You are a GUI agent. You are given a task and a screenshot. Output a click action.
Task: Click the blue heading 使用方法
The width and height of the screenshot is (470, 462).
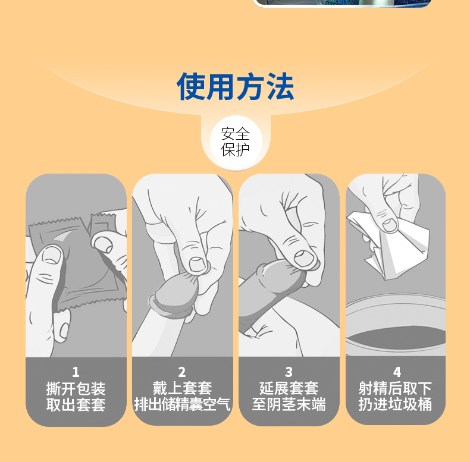tap(236, 86)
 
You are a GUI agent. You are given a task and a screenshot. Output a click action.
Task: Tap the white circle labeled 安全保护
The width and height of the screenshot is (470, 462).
tap(236, 142)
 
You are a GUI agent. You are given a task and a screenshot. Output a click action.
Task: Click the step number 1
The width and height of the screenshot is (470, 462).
tap(76, 372)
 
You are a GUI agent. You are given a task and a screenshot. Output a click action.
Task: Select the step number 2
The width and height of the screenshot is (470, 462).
tap(182, 372)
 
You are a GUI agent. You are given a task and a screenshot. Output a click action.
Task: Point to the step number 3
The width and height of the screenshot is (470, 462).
tap(289, 372)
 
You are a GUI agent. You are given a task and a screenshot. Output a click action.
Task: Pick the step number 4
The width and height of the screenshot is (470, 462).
tap(397, 372)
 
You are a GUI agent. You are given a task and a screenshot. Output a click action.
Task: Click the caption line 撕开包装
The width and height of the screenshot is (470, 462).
tap(76, 389)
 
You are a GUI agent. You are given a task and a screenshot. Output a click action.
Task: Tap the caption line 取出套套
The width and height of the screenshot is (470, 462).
tap(76, 404)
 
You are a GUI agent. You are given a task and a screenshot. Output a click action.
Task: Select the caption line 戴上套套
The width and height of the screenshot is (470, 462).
tap(182, 388)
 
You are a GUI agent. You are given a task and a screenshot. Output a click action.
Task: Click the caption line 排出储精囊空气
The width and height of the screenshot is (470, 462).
tap(182, 404)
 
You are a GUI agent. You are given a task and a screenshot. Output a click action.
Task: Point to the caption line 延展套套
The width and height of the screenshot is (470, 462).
tap(289, 388)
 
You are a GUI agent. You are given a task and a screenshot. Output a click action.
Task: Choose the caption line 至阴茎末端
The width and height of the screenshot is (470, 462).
tap(289, 404)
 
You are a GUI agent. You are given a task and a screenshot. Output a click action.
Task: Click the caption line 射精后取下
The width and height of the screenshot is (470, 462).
tap(395, 388)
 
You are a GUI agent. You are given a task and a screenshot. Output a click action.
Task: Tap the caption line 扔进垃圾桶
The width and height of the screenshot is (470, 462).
tap(395, 404)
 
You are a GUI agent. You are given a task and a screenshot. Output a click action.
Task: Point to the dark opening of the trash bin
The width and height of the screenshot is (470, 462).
tap(396, 338)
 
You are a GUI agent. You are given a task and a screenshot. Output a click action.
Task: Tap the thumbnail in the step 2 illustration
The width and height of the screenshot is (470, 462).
tap(198, 264)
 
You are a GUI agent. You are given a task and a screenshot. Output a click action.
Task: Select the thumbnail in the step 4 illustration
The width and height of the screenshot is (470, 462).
tap(390, 225)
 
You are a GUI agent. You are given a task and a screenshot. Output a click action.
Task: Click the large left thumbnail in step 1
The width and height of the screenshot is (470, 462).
tap(52, 255)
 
